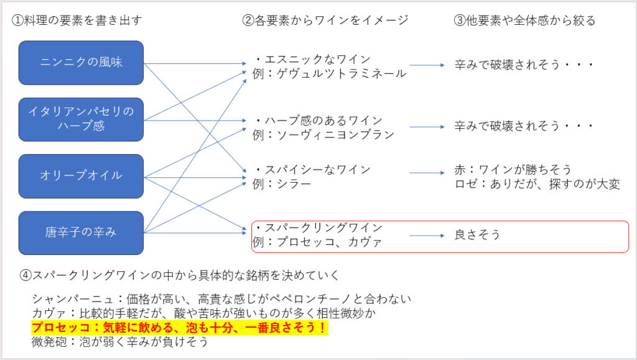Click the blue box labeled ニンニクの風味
coord(81,63)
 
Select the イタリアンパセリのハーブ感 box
coord(81,119)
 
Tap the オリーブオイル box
coord(81,176)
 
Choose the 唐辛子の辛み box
coord(81,233)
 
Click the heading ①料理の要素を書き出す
coord(77,21)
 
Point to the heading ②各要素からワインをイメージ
coord(325,21)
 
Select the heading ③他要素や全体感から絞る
coord(524,21)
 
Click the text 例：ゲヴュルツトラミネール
coord(330,73)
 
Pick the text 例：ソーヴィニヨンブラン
coord(323,135)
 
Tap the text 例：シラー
coord(282,184)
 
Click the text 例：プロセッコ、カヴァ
coord(317,242)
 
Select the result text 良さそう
coord(477,234)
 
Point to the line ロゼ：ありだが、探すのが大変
coord(537,184)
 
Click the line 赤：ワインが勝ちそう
coord(513,169)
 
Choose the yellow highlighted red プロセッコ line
coord(180,328)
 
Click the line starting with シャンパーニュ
coord(221,299)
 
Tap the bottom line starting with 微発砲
coord(120,342)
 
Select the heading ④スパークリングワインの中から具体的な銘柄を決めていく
coord(179,275)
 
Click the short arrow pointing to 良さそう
coord(427,236)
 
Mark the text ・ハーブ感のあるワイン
coord(318,120)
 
